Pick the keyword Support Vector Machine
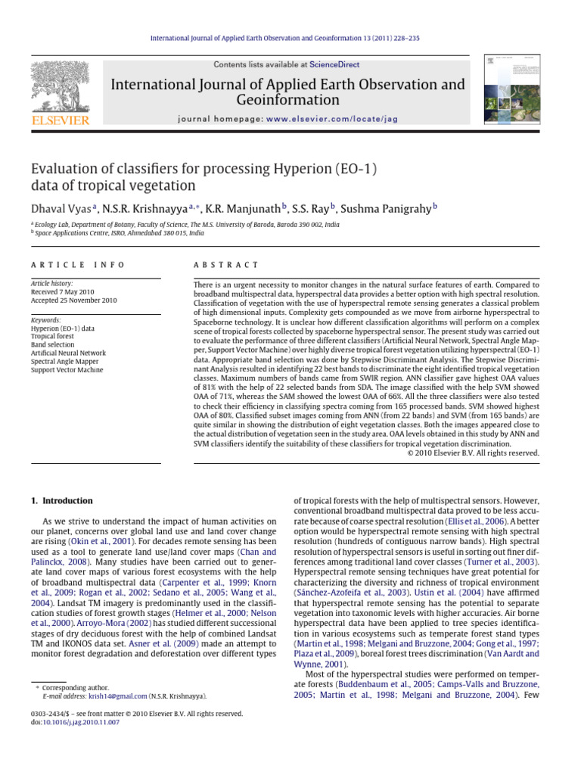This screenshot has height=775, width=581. pos(67,370)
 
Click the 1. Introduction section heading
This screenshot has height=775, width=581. pos(60,500)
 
